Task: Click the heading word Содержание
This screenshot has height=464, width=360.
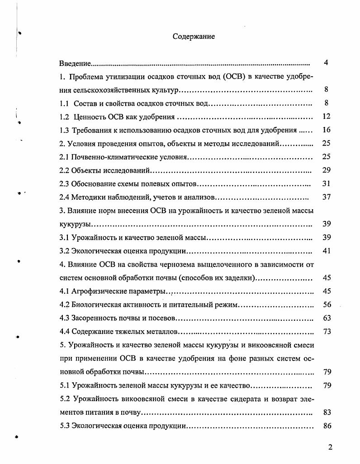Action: click(194, 37)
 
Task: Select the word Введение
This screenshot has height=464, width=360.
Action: click(75, 63)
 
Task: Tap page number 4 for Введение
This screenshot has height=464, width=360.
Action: click(326, 63)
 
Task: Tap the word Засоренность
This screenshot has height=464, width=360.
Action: click(95, 318)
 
